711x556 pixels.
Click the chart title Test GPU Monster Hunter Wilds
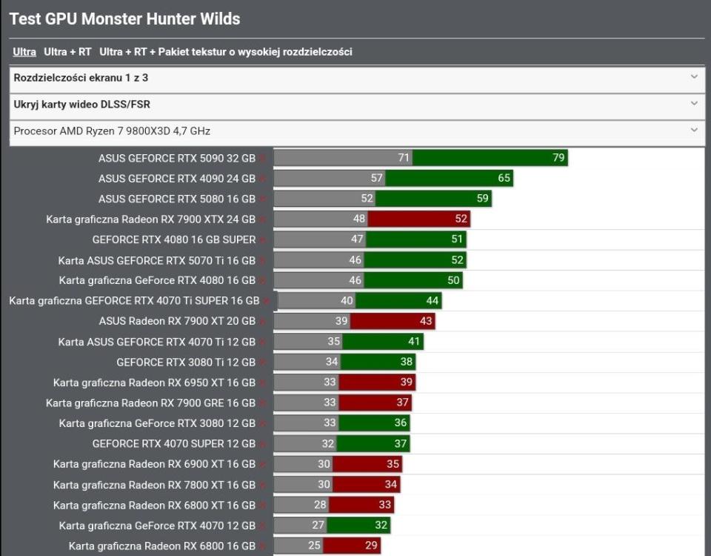[124, 19]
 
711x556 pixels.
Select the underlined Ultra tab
[24, 52]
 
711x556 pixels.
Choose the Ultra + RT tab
[67, 52]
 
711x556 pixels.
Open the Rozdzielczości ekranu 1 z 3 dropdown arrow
[694, 77]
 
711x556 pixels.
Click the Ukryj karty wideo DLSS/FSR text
[81, 105]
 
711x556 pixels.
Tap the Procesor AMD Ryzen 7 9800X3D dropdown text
[112, 131]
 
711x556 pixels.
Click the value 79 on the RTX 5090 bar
[558, 158]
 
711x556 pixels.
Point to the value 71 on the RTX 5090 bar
[404, 158]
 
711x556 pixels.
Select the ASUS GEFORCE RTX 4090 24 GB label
[177, 179]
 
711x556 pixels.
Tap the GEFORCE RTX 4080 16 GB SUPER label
[174, 239]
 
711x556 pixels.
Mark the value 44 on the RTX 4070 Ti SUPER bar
[433, 301]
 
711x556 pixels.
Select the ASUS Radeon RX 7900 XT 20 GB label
[177, 321]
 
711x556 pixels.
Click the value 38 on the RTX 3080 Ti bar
[407, 362]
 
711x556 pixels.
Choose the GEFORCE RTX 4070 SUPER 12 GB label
[174, 443]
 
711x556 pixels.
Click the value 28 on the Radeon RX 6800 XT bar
[320, 505]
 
